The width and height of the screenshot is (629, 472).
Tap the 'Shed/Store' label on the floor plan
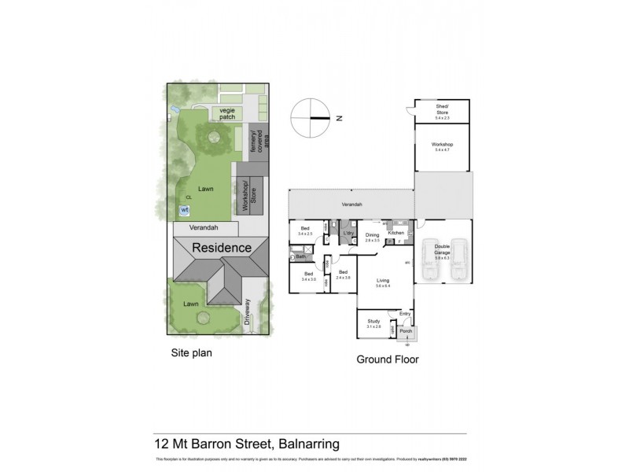click(443, 110)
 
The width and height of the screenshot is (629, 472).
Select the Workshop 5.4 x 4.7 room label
click(443, 146)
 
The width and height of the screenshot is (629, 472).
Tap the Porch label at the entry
click(406, 331)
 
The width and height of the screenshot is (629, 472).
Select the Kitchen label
click(396, 233)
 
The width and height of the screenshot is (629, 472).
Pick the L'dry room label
click(348, 234)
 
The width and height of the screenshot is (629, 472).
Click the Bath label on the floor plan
click(300, 257)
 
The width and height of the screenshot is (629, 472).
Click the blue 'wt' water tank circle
click(185, 210)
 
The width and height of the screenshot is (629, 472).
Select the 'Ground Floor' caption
click(387, 360)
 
